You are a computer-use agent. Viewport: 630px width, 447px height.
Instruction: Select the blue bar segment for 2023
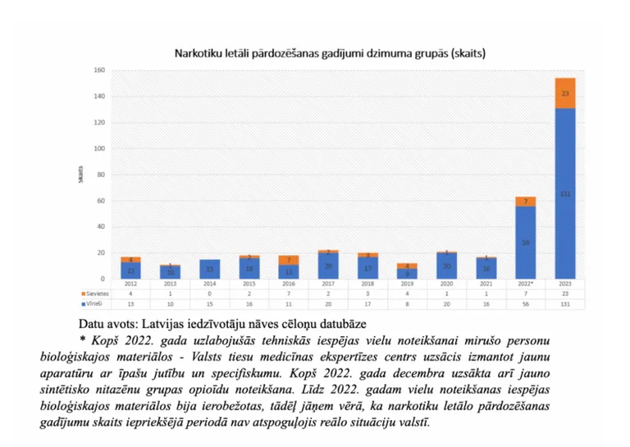[565, 194]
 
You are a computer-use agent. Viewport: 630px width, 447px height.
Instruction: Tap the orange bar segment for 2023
[565, 93]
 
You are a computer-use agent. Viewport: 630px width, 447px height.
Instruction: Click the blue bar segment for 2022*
[525, 242]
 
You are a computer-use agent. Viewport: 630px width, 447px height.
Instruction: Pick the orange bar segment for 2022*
[525, 201]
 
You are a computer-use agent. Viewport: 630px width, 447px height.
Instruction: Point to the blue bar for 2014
[209, 269]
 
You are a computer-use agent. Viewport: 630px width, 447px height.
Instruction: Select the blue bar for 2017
[328, 266]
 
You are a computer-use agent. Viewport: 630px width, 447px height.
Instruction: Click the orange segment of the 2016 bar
[289, 260]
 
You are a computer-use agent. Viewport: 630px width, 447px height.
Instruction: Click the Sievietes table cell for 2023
[565, 293]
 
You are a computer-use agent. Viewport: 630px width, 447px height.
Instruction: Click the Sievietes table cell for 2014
[209, 293]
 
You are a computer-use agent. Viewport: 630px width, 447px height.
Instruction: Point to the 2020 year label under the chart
[446, 283]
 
